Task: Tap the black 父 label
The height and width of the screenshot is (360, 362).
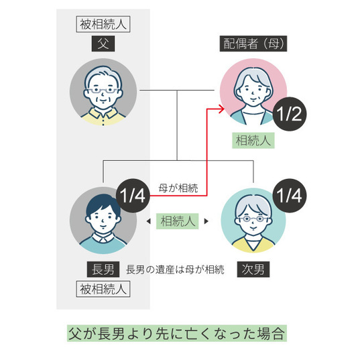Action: pyautogui.click(x=103, y=45)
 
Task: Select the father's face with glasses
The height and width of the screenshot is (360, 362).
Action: pyautogui.click(x=103, y=91)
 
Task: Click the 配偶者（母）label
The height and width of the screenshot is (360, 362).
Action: pyautogui.click(x=253, y=45)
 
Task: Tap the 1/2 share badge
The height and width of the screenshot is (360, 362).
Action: pyautogui.click(x=290, y=112)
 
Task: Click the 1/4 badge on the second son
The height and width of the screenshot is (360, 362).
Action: pyautogui.click(x=290, y=196)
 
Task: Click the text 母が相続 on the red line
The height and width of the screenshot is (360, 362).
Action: pyautogui.click(x=178, y=188)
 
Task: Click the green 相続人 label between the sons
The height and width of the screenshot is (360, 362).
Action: pyautogui.click(x=178, y=221)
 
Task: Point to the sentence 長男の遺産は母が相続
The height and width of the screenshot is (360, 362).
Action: pyautogui.click(x=175, y=269)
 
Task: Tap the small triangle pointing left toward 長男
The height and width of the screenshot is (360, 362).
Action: pyautogui.click(x=147, y=221)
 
